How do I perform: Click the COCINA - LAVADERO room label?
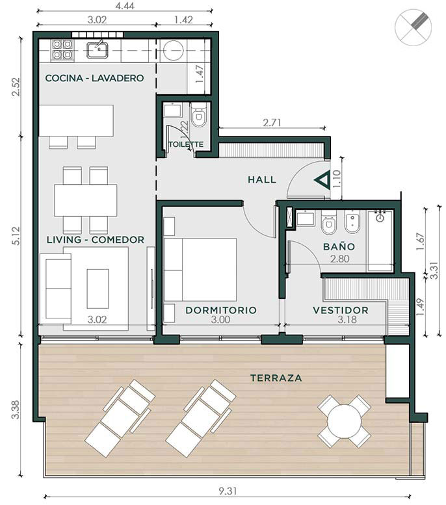click(x=94, y=78)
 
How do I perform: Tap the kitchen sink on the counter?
click(x=98, y=50)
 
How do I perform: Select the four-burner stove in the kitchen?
click(x=62, y=49)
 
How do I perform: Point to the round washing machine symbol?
click(x=174, y=50)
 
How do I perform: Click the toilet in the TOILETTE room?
click(x=199, y=115)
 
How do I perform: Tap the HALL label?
click(x=262, y=180)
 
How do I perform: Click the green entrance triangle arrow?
click(x=322, y=180)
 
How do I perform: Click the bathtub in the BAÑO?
click(x=380, y=240)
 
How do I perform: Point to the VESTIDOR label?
click(x=341, y=310)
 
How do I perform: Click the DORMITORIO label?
click(x=221, y=310)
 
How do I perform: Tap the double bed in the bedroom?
click(x=200, y=270)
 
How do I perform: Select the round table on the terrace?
click(x=344, y=421)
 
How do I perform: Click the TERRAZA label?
click(x=276, y=378)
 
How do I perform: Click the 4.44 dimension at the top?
click(x=125, y=6)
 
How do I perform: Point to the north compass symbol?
click(x=413, y=27)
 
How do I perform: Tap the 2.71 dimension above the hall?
click(x=272, y=122)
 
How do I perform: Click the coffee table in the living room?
click(x=98, y=289)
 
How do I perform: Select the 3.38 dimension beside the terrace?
click(x=16, y=409)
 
